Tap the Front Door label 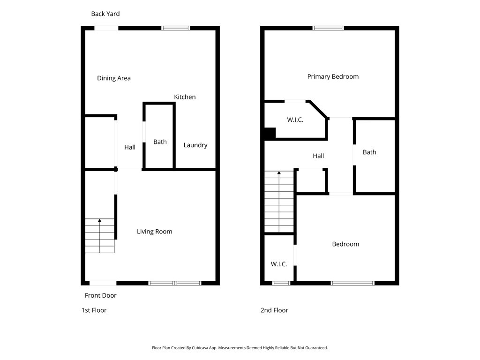click(100, 295)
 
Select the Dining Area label click(114, 78)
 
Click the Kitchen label click(185, 97)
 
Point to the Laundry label click(195, 145)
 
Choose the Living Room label click(154, 232)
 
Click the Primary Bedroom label click(333, 76)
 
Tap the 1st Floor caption click(94, 310)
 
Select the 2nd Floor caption click(274, 310)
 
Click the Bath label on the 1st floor click(160, 142)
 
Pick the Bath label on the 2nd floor click(369, 152)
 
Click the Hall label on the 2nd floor click(318, 156)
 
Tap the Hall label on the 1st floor click(130, 147)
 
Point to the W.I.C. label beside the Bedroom click(279, 264)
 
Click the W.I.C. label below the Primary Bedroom click(295, 120)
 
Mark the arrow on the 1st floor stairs click(99, 220)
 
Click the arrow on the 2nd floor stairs click(279, 173)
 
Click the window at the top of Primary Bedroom click(328, 28)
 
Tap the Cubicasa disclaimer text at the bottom click(240, 348)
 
